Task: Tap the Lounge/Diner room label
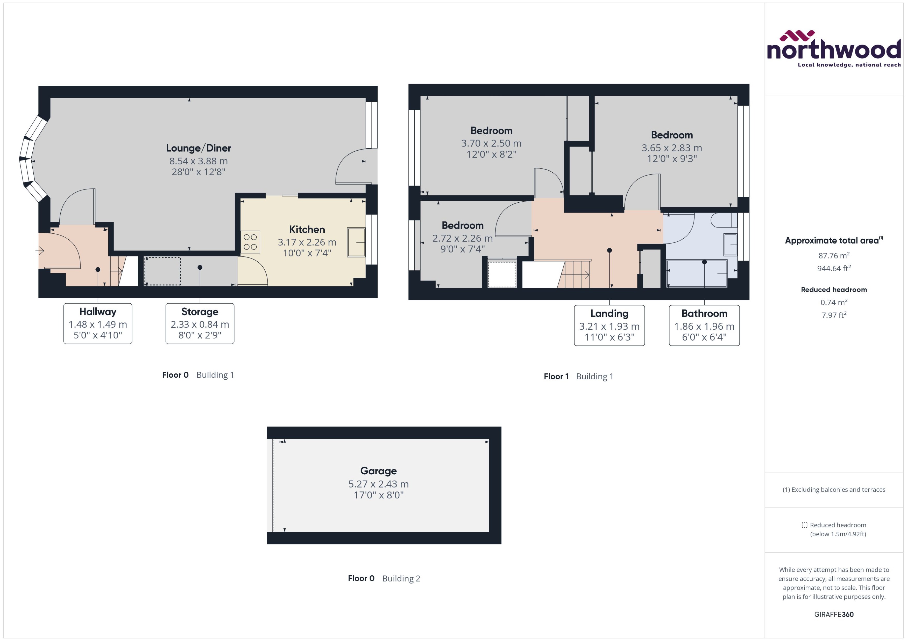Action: point(199,148)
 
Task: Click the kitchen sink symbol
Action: point(356,242)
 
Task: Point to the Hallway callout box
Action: point(98,323)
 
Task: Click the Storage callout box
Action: point(200,323)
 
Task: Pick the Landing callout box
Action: point(609,325)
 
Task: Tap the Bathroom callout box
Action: point(704,325)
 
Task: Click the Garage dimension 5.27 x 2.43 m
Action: point(378,484)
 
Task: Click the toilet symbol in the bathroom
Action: point(723,220)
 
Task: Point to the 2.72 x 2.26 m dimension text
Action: point(462,238)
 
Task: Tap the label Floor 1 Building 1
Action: point(578,376)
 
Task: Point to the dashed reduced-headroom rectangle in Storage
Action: point(162,271)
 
